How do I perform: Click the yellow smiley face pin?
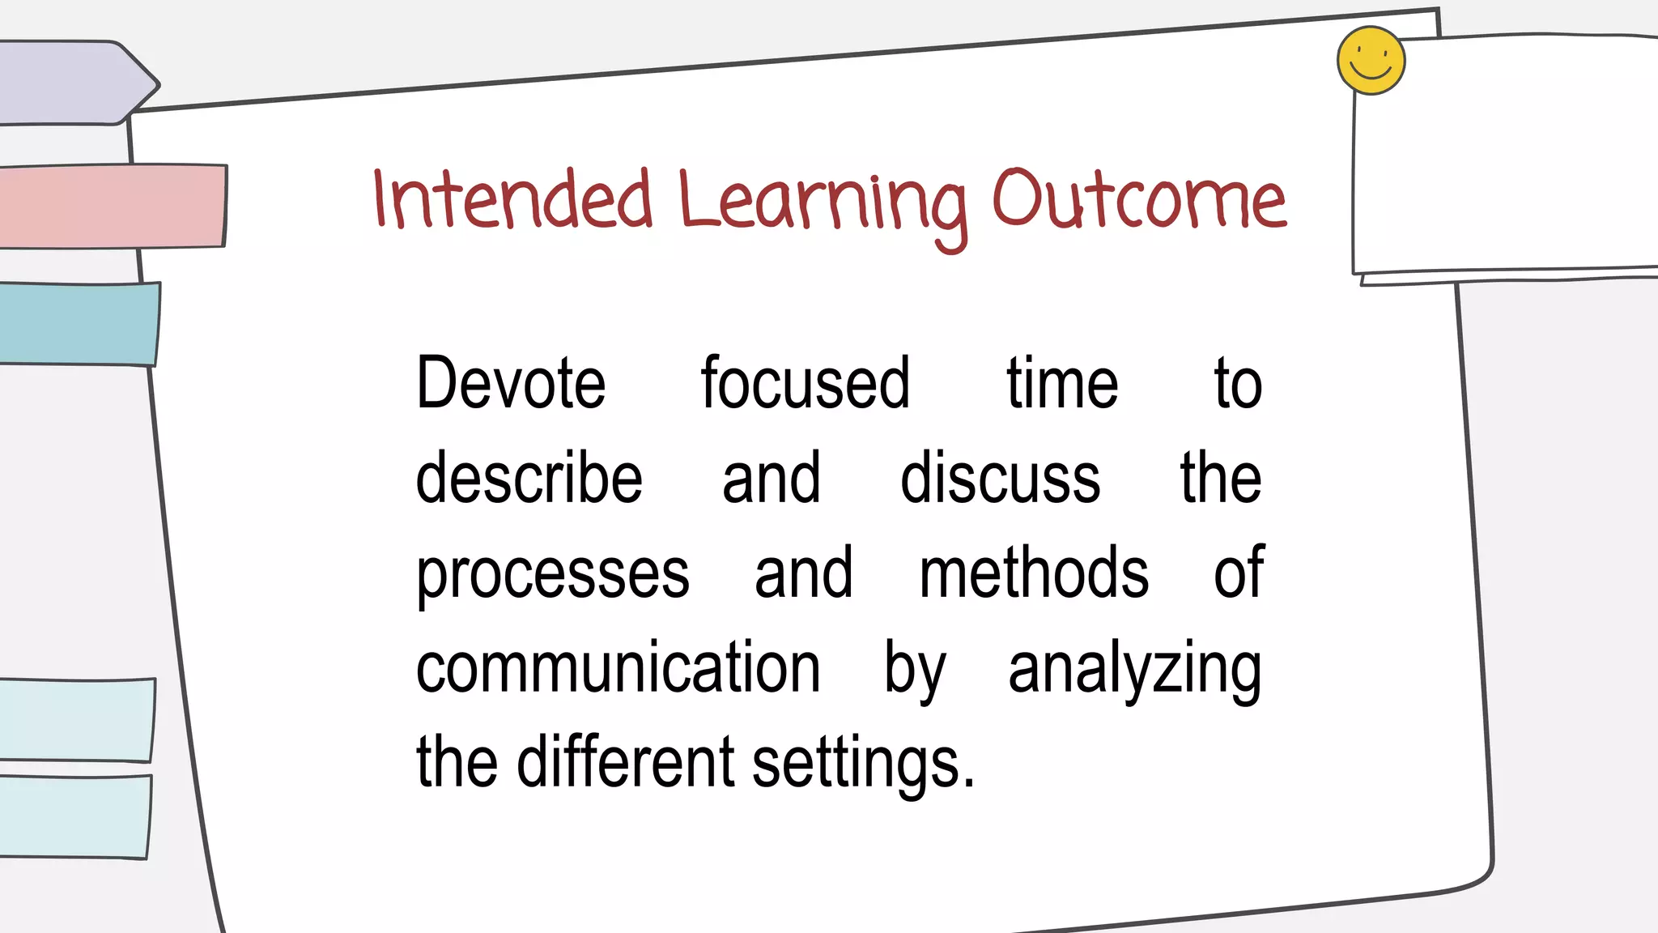pyautogui.click(x=1371, y=61)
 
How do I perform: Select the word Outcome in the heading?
pyautogui.click(x=1138, y=200)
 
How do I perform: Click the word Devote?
pyautogui.click(x=510, y=383)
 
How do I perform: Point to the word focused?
pyautogui.click(x=805, y=383)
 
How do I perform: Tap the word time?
pyautogui.click(x=1061, y=383)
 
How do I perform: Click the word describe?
pyautogui.click(x=529, y=478)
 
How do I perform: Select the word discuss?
pyautogui.click(x=1000, y=478)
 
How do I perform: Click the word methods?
pyautogui.click(x=1033, y=573)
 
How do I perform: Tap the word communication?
pyautogui.click(x=618, y=667)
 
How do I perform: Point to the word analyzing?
pyautogui.click(x=1134, y=671)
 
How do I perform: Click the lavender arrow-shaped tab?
pyautogui.click(x=73, y=83)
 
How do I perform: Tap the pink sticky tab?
pyautogui.click(x=109, y=206)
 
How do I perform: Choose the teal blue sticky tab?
pyautogui.click(x=77, y=323)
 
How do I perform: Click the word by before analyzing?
pyautogui.click(x=914, y=671)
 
